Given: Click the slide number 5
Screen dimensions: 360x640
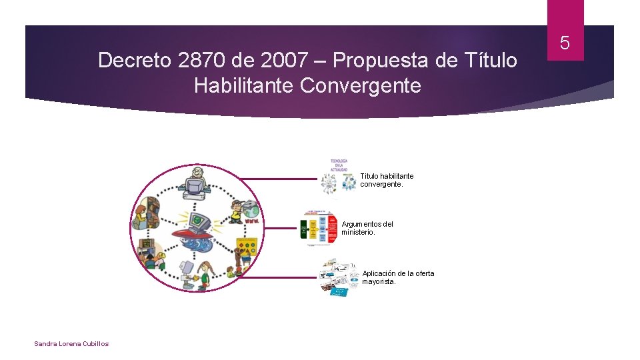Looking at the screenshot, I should pyautogui.click(x=565, y=44).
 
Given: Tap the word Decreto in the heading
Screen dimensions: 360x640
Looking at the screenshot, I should pyautogui.click(x=135, y=61).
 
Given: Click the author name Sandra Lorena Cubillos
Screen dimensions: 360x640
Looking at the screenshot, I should pyautogui.click(x=71, y=343).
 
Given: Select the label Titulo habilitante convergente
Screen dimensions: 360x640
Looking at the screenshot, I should pyautogui.click(x=387, y=180).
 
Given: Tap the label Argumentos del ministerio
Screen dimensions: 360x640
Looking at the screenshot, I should pyautogui.click(x=367, y=228).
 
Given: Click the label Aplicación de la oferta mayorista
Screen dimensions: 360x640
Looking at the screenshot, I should pyautogui.click(x=398, y=277).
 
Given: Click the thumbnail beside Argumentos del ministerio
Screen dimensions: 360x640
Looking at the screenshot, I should pyautogui.click(x=319, y=229).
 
